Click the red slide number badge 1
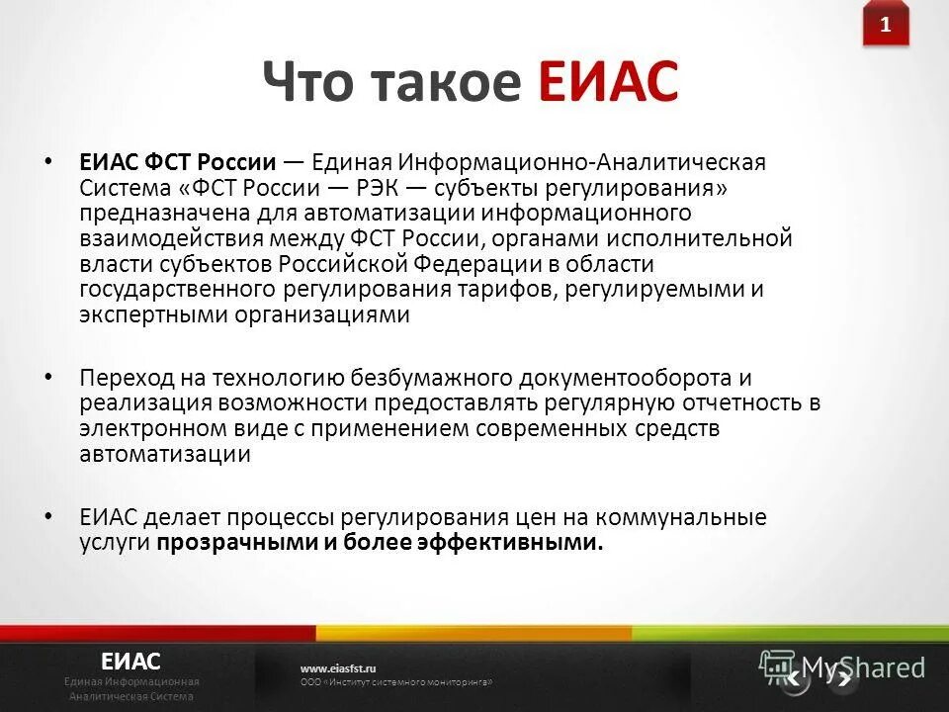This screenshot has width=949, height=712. click(x=885, y=27)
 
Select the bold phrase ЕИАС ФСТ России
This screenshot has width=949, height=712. click(x=177, y=162)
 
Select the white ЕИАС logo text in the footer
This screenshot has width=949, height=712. click(x=130, y=661)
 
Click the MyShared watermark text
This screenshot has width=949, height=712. click(x=862, y=667)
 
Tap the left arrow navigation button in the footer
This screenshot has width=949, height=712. click(x=793, y=678)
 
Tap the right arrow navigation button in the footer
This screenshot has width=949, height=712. click(x=842, y=678)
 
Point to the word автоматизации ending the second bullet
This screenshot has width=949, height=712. click(x=165, y=455)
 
